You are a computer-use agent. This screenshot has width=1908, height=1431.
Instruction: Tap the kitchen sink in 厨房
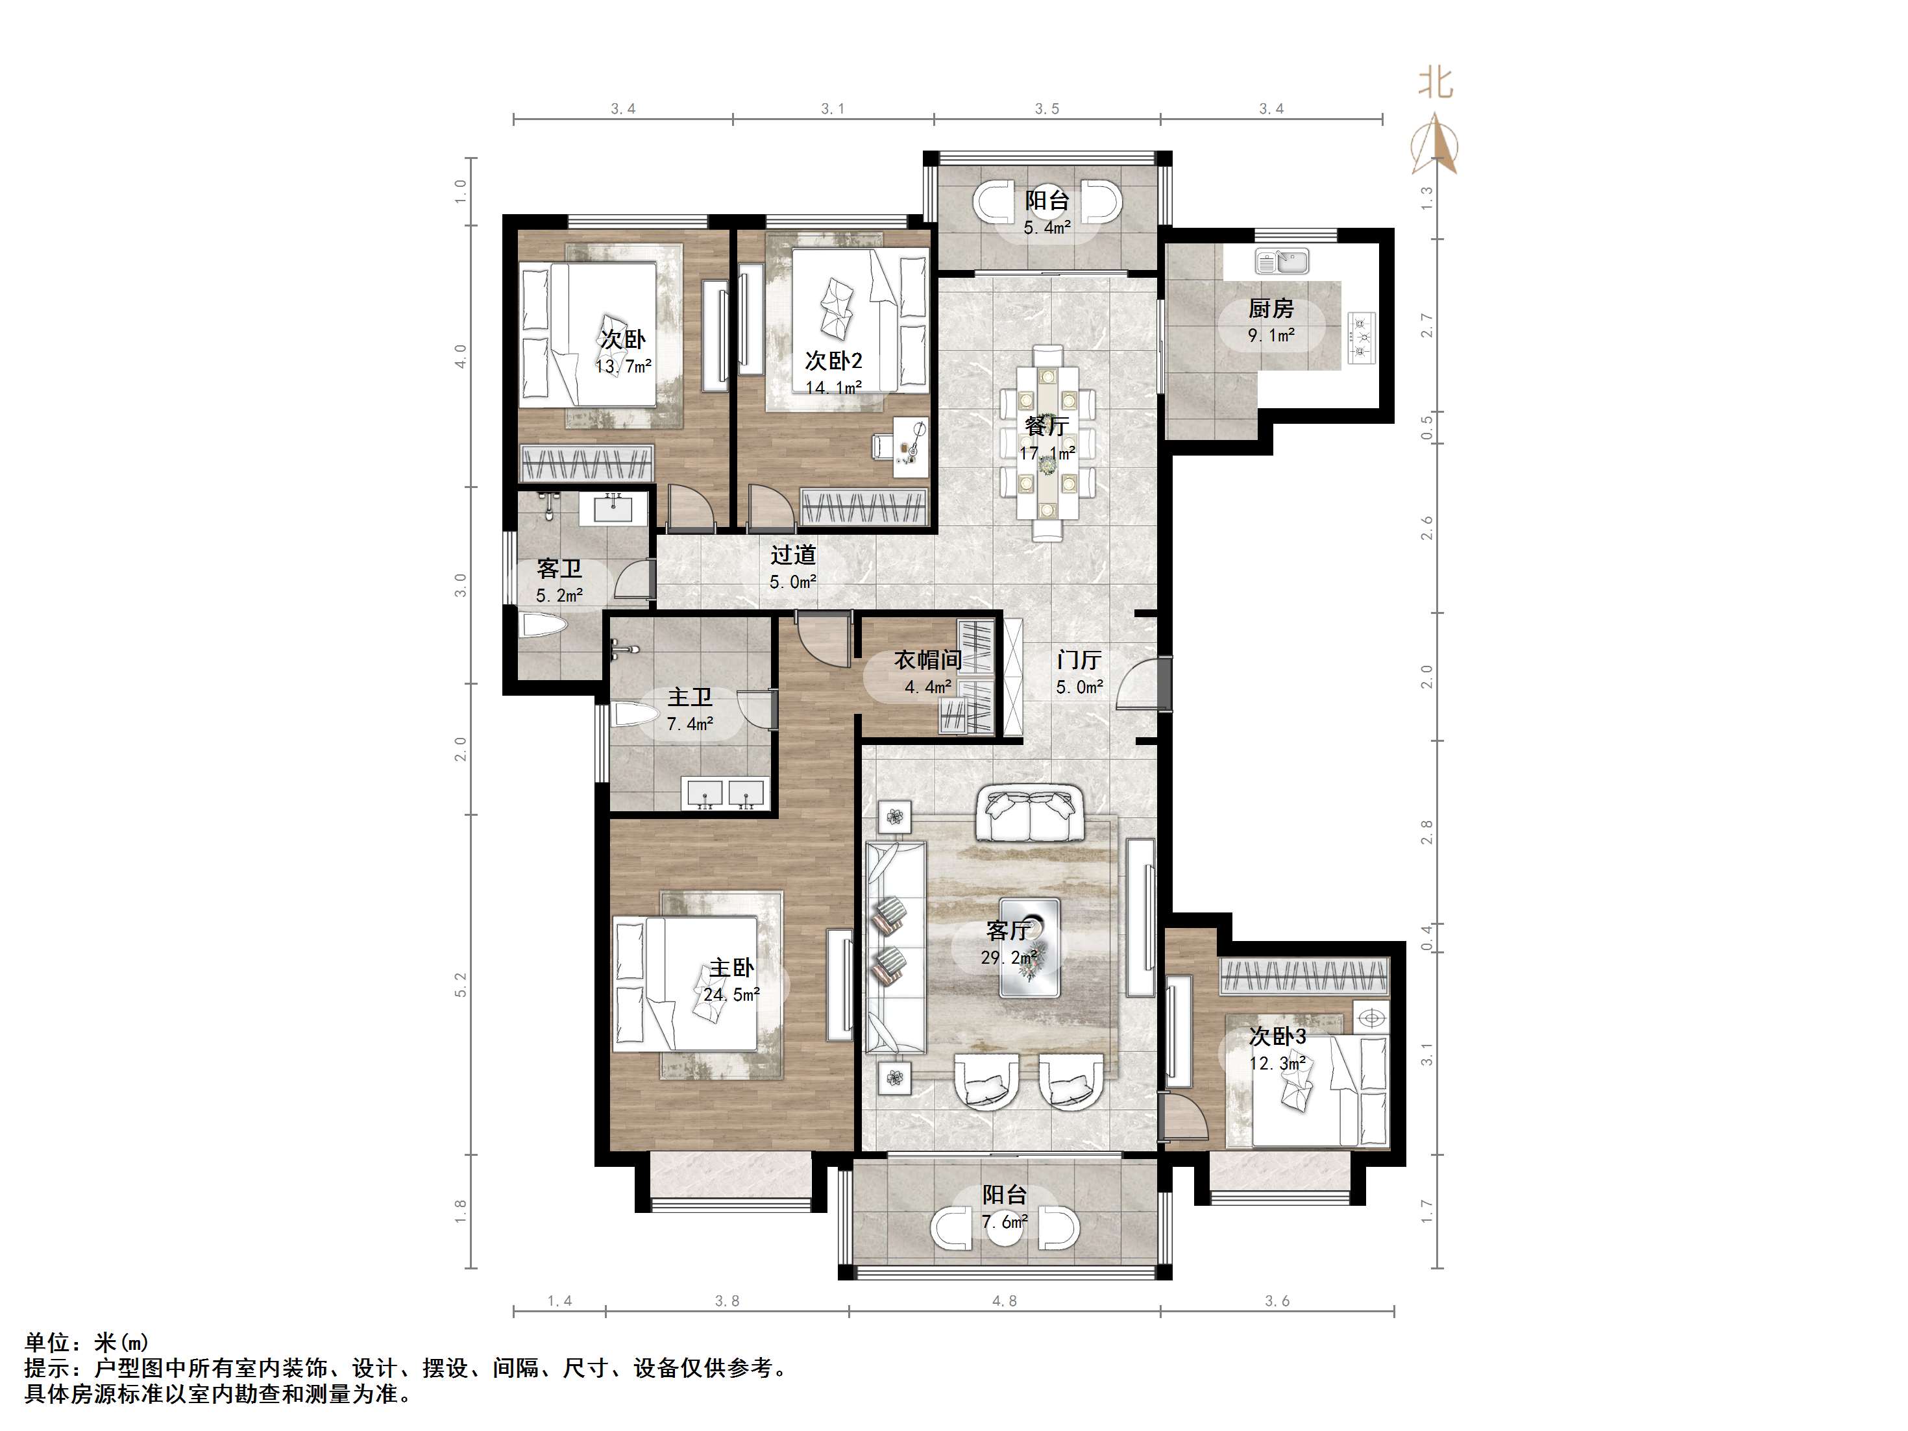point(1282,260)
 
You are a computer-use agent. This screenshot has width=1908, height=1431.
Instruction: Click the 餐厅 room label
point(1047,426)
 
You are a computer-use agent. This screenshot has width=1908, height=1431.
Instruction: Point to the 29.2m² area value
point(1009,957)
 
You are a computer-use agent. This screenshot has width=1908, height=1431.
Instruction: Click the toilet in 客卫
point(543,624)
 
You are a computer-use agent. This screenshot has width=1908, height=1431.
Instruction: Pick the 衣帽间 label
point(927,660)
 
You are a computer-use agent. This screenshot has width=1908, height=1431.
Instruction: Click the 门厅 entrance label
point(1079,660)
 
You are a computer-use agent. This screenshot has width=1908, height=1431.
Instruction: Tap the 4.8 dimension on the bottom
point(1004,1301)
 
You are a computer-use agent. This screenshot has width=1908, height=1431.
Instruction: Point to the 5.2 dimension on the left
point(461,985)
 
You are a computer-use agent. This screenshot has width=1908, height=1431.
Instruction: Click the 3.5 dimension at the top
point(1047,108)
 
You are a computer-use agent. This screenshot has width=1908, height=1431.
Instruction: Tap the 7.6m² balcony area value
point(1005,1221)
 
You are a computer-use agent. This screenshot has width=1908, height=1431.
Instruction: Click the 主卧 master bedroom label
point(731,968)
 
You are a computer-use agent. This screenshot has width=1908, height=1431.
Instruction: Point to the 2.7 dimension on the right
point(1426,326)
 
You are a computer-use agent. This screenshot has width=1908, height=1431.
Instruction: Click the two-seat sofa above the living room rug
point(1030,813)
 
